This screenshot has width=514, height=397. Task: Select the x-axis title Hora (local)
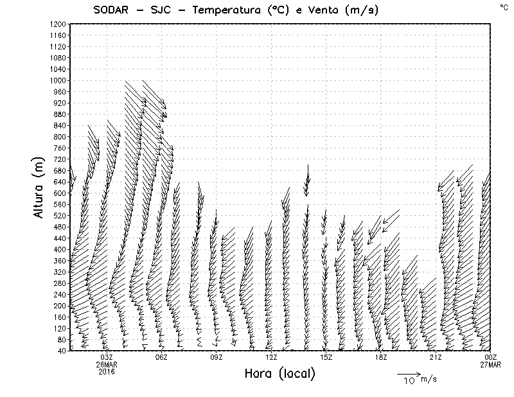click(279, 374)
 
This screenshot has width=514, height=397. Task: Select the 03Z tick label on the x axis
click(107, 357)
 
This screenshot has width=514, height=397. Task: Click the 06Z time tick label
click(161, 357)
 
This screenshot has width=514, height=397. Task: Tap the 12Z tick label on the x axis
click(271, 357)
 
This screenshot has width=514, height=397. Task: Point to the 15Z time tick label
click(326, 357)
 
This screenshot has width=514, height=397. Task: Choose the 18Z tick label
click(380, 357)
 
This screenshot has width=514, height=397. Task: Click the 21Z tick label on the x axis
click(436, 357)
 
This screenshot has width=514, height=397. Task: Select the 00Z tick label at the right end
click(491, 357)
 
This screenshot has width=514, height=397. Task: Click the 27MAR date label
click(490, 364)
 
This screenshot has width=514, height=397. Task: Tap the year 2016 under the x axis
click(107, 371)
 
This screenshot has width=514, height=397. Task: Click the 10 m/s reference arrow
click(407, 373)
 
